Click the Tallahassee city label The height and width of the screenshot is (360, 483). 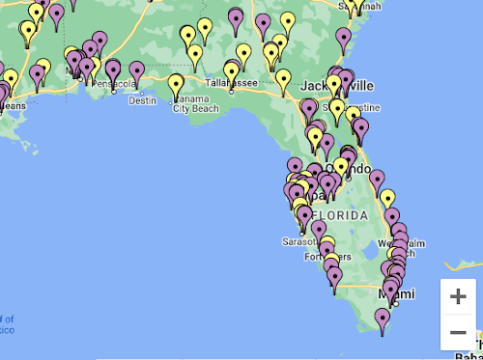click(230, 83)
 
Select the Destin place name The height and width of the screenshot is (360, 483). click(142, 99)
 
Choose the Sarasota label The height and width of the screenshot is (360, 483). click(299, 241)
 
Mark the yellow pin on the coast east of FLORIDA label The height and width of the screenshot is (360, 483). click(387, 198)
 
